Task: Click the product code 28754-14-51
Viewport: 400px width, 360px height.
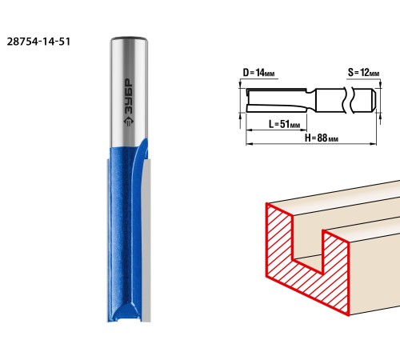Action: click(38, 42)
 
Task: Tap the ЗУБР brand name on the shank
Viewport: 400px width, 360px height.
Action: click(129, 98)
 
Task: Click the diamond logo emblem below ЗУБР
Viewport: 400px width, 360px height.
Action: click(129, 122)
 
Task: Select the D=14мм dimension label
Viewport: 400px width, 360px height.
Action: click(258, 73)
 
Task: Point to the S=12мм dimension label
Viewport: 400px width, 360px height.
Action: click(363, 73)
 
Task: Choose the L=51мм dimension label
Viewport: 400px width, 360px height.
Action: click(284, 124)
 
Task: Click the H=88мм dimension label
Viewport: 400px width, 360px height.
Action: click(322, 138)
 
